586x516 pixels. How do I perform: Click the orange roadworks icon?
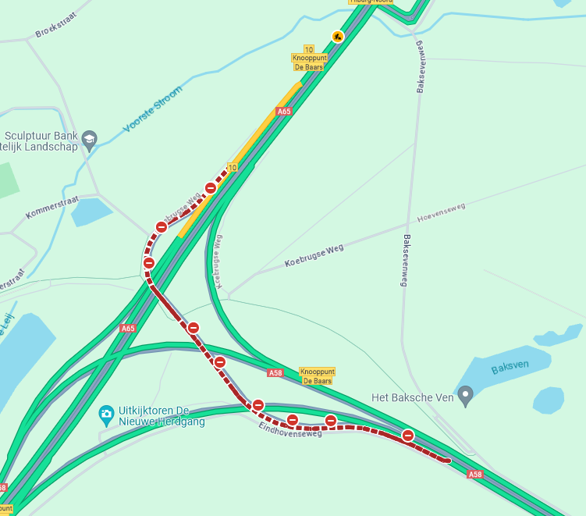tap(337, 36)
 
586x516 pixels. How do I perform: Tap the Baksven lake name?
tap(510, 365)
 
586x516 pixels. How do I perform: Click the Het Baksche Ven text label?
tap(412, 397)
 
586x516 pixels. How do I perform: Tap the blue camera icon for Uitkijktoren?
tap(107, 412)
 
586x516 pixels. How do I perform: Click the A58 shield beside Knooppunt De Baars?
tap(275, 373)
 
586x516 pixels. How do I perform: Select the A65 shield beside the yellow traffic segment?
tap(284, 112)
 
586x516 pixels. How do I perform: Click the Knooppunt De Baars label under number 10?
tap(308, 62)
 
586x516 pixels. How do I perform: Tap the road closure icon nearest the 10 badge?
tap(211, 187)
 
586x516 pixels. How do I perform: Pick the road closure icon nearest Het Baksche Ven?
tap(407, 435)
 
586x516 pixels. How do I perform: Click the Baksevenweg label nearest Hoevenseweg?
tap(406, 260)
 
